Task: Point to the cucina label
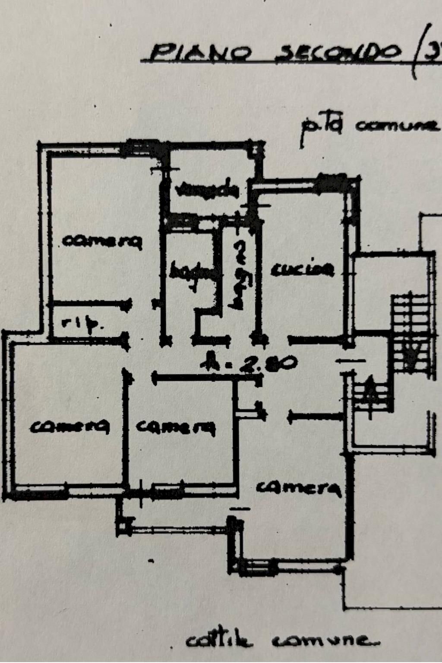click(x=303, y=269)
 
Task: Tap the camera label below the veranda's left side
click(x=102, y=241)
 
